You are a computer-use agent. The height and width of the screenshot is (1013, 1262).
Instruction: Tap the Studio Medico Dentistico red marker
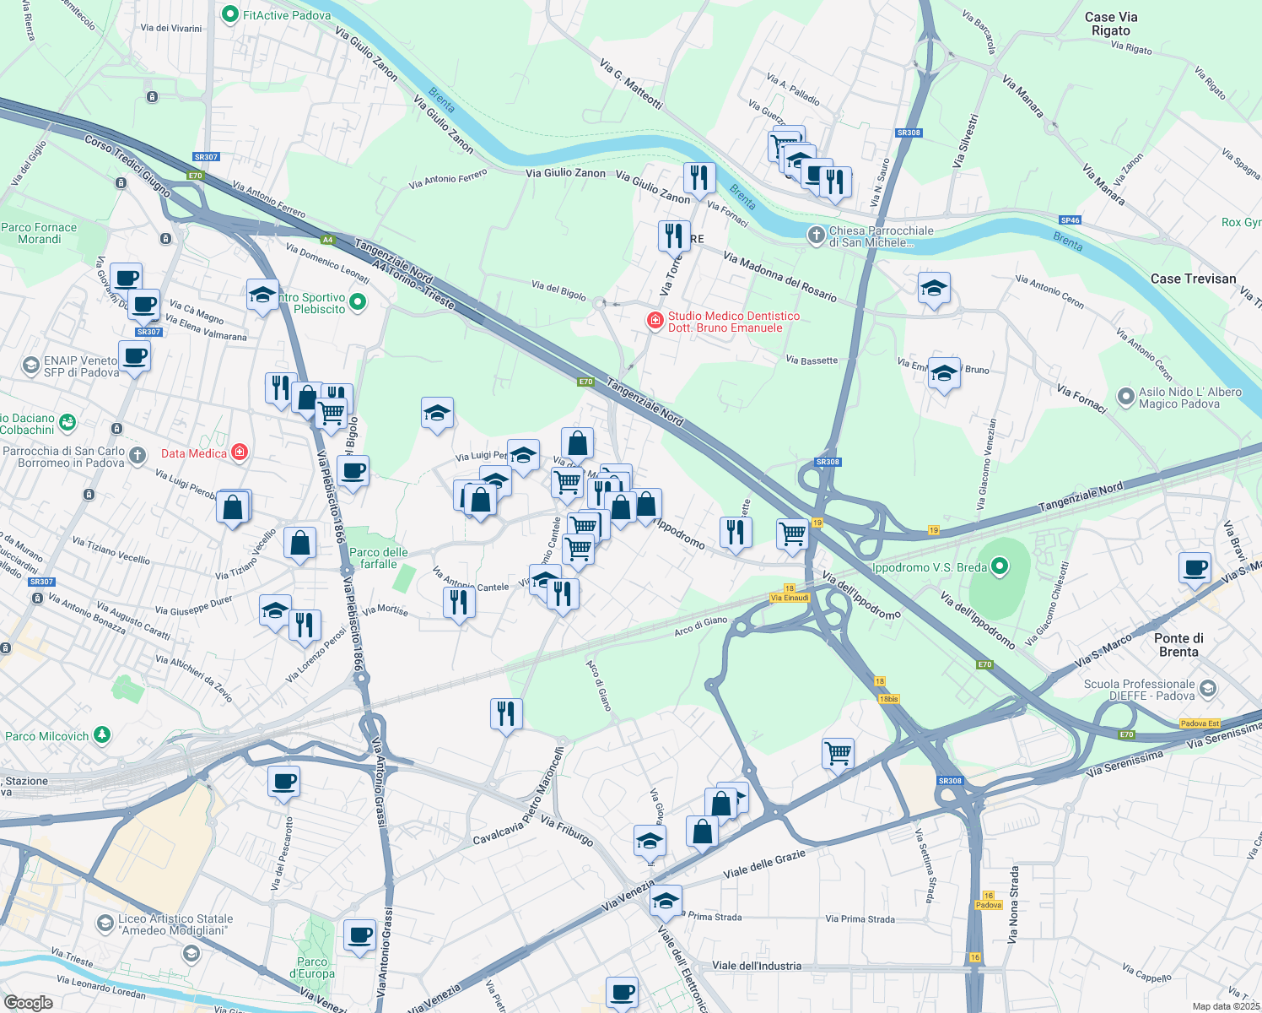[x=655, y=321]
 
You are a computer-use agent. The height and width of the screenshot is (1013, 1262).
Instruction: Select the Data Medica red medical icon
[x=240, y=452]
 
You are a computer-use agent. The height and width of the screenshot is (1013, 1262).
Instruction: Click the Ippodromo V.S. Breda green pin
[x=1000, y=567]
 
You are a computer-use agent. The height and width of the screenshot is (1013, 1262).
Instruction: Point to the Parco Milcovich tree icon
[x=102, y=735]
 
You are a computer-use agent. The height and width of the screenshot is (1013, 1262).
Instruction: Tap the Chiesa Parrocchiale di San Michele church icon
[x=816, y=236]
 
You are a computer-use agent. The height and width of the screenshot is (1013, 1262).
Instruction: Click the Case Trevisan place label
[x=1193, y=279]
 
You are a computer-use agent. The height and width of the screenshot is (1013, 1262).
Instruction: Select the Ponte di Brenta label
[x=1178, y=645]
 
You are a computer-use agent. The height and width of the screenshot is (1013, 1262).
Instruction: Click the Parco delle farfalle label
[x=379, y=558]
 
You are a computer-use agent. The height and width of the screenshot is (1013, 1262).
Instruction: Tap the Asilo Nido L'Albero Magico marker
[x=1125, y=397]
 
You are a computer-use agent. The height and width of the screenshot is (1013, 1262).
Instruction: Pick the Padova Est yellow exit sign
[x=1200, y=723]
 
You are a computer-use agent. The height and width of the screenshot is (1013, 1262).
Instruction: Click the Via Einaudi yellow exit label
[x=790, y=598]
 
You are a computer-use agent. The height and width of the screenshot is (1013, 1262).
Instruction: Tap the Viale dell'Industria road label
[x=757, y=966]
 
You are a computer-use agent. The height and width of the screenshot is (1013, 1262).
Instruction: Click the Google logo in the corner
[x=28, y=1003]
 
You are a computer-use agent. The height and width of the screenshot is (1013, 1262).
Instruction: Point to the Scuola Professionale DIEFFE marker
[x=1208, y=690]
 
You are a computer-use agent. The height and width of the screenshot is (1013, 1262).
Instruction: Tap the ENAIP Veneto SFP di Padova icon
[x=31, y=366]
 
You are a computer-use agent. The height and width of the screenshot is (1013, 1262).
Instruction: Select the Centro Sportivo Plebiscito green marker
[x=358, y=302]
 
